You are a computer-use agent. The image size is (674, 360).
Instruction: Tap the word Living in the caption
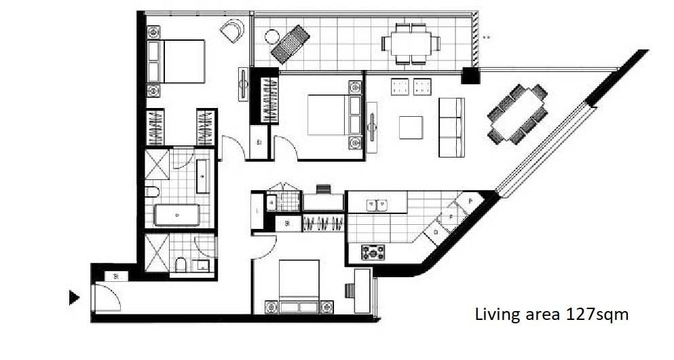click(495, 315)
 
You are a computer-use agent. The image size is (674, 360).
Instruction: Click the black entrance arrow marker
click(74, 298)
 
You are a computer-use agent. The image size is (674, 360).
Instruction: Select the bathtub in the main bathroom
click(177, 215)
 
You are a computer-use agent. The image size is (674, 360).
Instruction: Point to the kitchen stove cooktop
click(373, 252)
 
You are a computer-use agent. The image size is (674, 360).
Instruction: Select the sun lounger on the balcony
click(291, 43)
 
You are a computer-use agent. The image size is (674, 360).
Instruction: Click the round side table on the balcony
click(273, 37)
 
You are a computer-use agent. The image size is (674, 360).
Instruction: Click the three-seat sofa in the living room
click(451, 127)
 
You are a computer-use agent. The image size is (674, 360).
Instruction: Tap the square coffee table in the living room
click(411, 127)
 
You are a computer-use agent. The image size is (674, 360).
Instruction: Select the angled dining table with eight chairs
click(518, 114)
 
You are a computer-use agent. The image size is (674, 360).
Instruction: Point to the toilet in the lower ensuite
click(181, 264)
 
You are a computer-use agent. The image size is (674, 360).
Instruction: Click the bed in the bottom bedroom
click(299, 287)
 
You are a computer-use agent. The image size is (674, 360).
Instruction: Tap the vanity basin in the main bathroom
click(203, 177)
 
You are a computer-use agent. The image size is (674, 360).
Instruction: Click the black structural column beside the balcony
click(470, 75)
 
